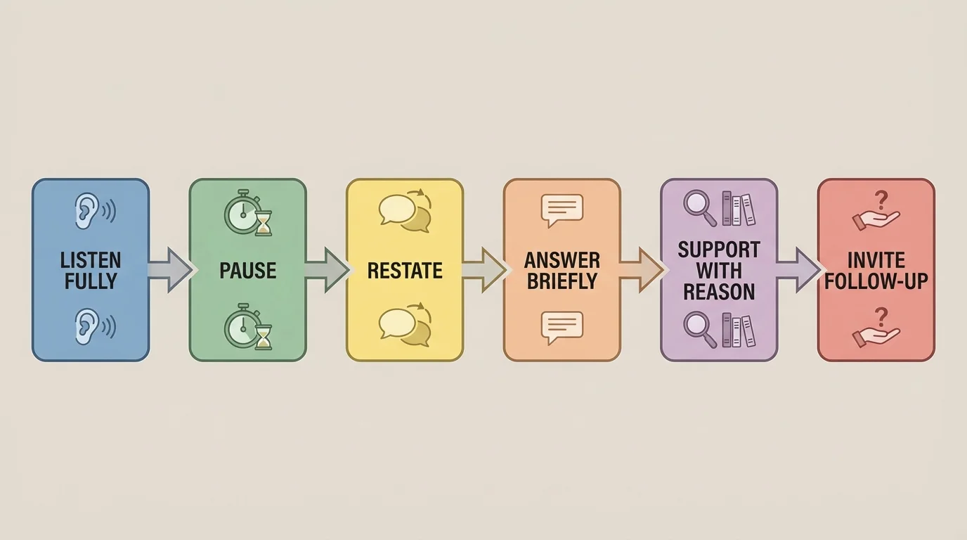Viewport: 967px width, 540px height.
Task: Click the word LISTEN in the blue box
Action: tap(91, 260)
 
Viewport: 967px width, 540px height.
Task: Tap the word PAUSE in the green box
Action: tap(247, 271)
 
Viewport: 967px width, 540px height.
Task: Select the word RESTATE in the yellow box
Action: tap(405, 271)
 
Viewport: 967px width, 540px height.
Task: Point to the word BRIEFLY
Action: tap(562, 281)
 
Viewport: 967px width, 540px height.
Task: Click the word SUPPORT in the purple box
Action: tap(719, 250)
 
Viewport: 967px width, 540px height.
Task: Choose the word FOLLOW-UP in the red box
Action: tap(876, 281)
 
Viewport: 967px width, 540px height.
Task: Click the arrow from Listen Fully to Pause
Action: tap(169, 270)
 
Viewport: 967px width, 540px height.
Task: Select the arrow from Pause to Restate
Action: tap(327, 270)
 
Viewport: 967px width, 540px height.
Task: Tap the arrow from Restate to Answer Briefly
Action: tap(483, 270)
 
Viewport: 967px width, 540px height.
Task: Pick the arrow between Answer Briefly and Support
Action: tap(641, 270)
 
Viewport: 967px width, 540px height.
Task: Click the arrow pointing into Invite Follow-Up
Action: tap(798, 270)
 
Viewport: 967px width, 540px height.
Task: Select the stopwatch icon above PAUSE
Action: tap(240, 211)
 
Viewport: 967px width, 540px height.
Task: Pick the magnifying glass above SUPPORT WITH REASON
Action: tap(699, 208)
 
